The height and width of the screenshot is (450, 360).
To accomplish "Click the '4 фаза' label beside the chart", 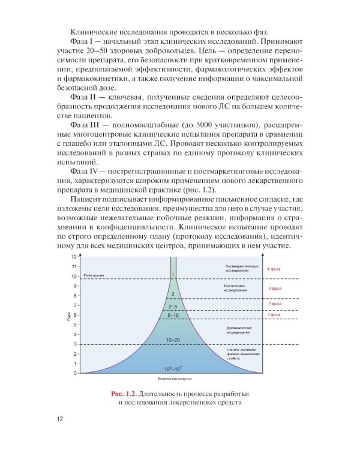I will (x=274, y=269).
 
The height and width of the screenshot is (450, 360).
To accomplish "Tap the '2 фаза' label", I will (x=274, y=304).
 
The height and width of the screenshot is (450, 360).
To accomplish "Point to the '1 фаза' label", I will (x=274, y=314).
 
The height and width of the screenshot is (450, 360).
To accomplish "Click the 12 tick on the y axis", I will (x=74, y=257).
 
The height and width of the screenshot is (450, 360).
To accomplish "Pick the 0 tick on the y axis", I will (x=75, y=373).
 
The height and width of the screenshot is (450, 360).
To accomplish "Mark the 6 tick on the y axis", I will (x=75, y=315).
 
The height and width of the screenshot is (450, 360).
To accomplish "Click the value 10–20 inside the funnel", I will (x=173, y=340).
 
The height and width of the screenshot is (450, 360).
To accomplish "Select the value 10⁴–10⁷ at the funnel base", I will (x=173, y=367).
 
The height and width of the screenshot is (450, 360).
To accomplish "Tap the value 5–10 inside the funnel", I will (x=173, y=314).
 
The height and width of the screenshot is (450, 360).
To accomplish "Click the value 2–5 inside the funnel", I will (x=173, y=306).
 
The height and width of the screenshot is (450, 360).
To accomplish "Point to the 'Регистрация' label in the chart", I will (x=94, y=276).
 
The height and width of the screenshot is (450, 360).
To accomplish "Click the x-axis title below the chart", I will (x=173, y=379).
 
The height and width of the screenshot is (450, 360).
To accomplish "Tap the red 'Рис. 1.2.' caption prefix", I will (x=124, y=393).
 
